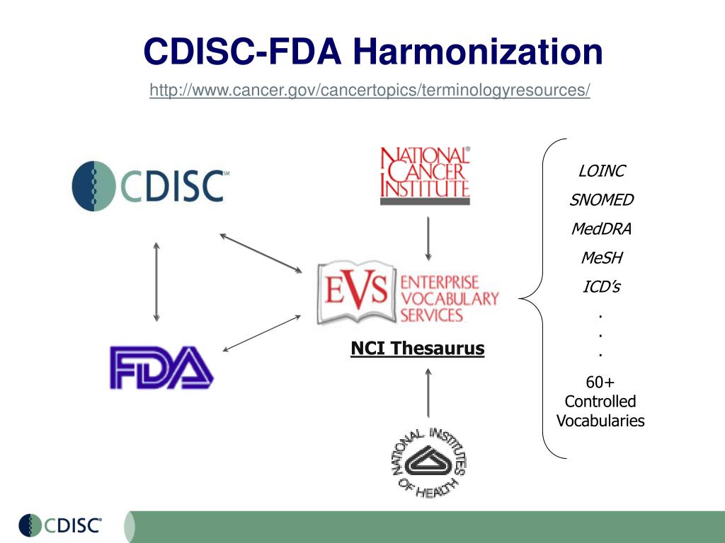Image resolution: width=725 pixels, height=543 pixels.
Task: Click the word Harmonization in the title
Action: tap(478, 52)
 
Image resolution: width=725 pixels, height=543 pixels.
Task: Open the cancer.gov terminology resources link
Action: tap(370, 90)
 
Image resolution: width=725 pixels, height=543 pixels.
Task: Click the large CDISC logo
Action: tap(150, 185)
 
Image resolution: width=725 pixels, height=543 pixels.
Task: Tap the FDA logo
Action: tap(161, 366)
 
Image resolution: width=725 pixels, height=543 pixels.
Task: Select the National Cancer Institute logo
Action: tap(425, 175)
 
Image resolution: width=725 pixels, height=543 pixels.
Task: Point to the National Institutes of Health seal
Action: tap(428, 462)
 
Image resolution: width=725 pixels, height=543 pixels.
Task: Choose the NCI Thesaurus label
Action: tap(418, 348)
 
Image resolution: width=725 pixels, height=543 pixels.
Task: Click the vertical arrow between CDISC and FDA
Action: tap(156, 281)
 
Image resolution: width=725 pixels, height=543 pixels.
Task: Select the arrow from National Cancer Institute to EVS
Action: tap(428, 238)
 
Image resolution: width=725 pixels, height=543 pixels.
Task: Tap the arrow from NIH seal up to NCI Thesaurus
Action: tap(428, 392)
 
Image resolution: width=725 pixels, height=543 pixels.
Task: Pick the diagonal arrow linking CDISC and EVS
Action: tap(261, 252)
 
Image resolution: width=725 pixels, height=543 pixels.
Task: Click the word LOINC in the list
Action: tap(602, 171)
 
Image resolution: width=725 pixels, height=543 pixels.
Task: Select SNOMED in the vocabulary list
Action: tap(602, 200)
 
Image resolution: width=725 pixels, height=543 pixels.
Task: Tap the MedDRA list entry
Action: tap(601, 229)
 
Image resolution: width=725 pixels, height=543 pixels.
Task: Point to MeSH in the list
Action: tap(601, 258)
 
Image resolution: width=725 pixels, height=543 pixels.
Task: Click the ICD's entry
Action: tap(600, 287)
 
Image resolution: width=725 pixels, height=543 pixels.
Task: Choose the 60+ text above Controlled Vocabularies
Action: tap(600, 383)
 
